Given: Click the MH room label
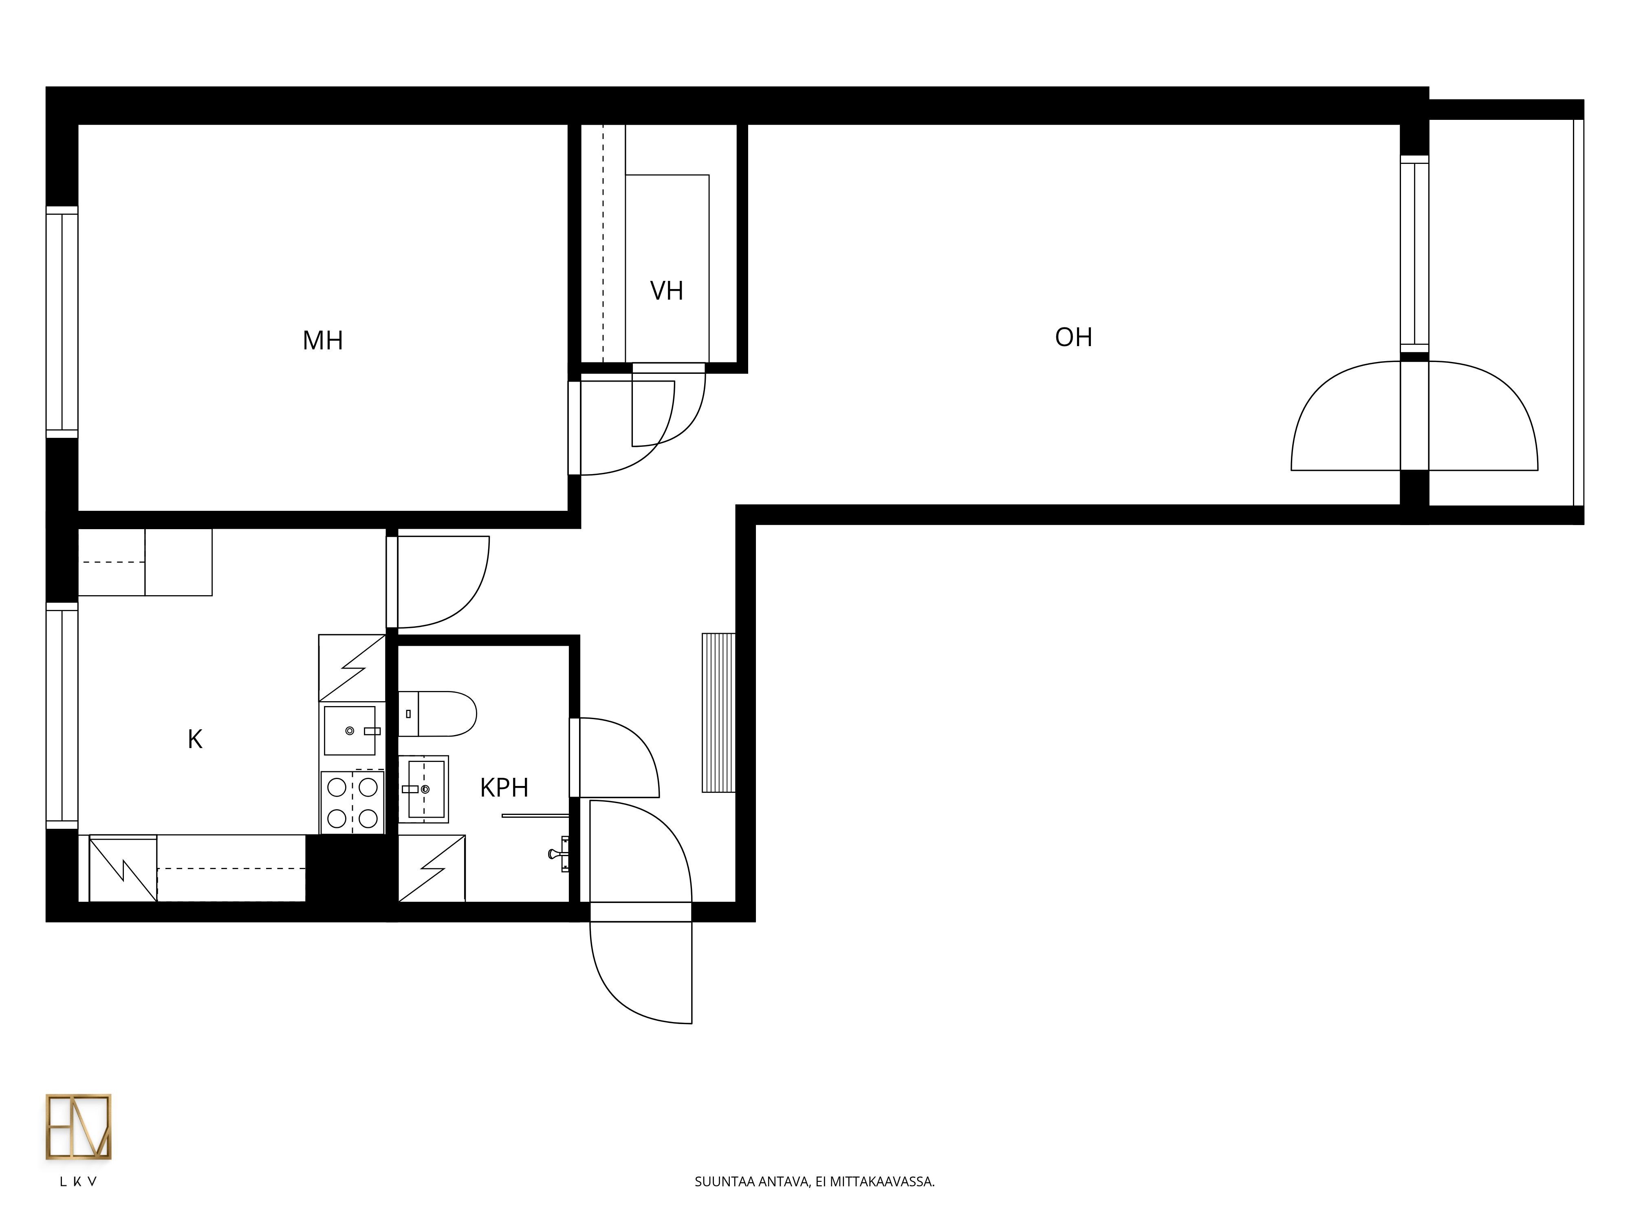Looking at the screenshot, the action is tap(323, 340).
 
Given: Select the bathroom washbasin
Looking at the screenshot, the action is tap(424, 789).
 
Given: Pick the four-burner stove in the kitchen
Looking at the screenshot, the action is tap(352, 802).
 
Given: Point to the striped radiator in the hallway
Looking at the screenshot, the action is tap(718, 713).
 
